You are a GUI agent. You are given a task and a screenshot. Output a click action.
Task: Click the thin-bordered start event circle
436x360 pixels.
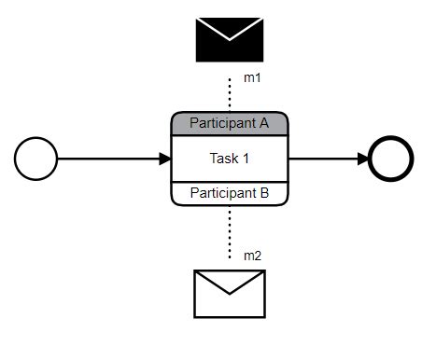pyautogui.click(x=36, y=159)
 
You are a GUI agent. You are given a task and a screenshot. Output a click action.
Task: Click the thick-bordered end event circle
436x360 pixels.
pyautogui.click(x=392, y=159)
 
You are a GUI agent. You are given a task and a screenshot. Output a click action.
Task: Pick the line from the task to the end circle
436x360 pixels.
pyautogui.click(x=327, y=159)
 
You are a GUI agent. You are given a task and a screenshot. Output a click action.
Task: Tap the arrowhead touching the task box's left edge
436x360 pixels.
pyautogui.click(x=165, y=159)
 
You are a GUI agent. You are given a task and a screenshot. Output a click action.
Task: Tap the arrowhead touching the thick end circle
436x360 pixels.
pyautogui.click(x=365, y=159)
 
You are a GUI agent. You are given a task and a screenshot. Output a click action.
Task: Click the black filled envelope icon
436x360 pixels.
pyautogui.click(x=229, y=39)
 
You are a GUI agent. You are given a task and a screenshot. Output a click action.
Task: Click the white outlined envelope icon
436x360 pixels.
pyautogui.click(x=229, y=293)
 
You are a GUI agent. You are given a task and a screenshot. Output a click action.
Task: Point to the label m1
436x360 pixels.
pyautogui.click(x=252, y=78)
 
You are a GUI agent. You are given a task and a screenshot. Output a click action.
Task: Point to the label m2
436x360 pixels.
pyautogui.click(x=252, y=255)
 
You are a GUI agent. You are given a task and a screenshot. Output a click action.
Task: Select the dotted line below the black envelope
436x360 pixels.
pyautogui.click(x=229, y=93)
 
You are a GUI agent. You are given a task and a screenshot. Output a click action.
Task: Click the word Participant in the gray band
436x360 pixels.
pyautogui.click(x=220, y=123)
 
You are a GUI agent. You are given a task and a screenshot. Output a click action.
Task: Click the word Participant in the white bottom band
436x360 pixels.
pyautogui.click(x=220, y=194)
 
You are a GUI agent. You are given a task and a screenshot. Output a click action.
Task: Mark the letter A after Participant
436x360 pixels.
pyautogui.click(x=264, y=123)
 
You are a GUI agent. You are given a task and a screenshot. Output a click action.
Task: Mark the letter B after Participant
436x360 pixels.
pyautogui.click(x=264, y=194)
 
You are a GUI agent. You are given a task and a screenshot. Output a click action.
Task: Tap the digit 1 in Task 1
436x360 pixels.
pyautogui.click(x=246, y=159)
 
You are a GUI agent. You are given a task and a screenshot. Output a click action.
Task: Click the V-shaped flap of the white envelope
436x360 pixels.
pyautogui.click(x=229, y=283)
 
